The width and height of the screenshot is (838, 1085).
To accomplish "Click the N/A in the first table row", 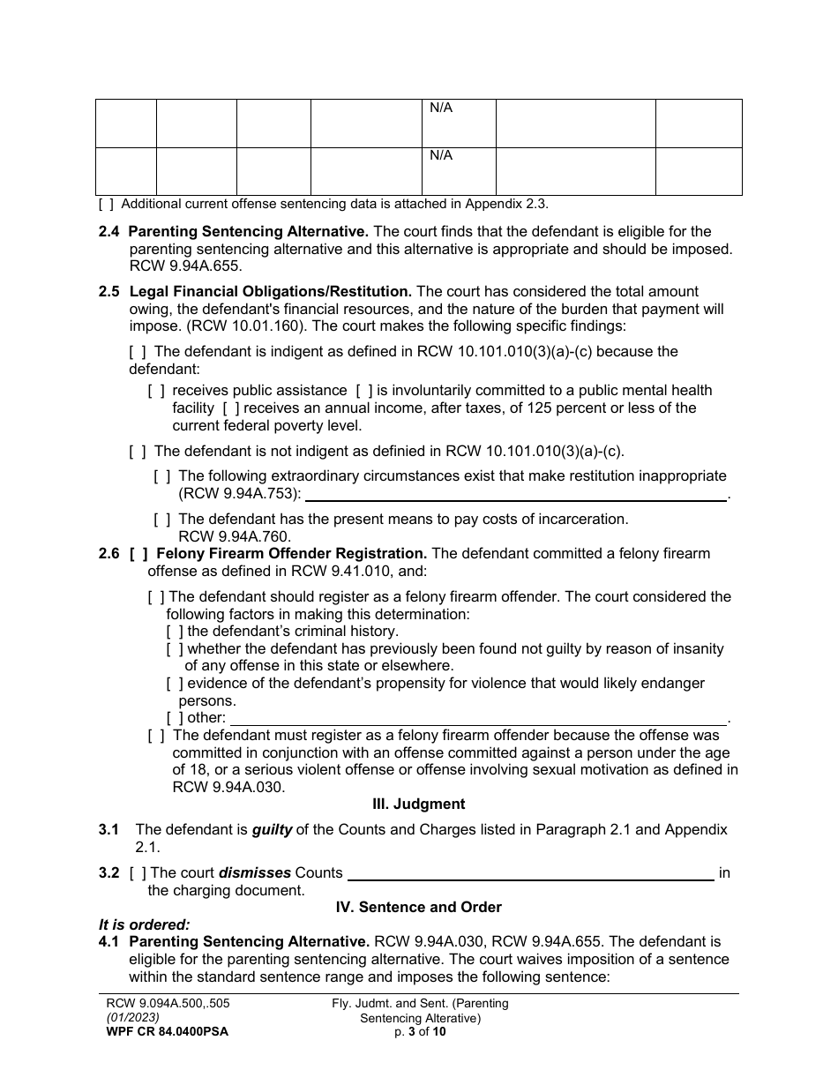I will pos(440,108).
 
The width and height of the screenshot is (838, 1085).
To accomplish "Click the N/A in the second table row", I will pos(440,156).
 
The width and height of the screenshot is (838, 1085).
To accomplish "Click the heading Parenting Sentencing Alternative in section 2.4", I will pos(249,232).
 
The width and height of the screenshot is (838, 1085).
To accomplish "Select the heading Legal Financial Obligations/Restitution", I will pos(270,291).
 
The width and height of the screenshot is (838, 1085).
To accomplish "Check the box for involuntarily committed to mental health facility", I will pos(364,390).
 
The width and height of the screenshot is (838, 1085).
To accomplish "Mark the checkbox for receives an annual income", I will pos(231,408).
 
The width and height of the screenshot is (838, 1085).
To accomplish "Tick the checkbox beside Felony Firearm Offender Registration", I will pos(138,554).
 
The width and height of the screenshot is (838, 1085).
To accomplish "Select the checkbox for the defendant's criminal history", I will pos(175,632).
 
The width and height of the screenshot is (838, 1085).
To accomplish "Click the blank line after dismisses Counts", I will pos(531,873).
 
